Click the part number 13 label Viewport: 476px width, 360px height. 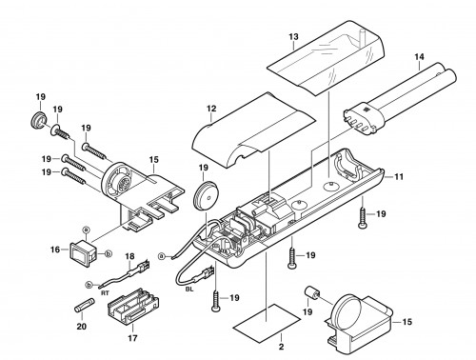click(x=293, y=37)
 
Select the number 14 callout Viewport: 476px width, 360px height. click(x=419, y=57)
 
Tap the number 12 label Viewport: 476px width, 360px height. click(x=211, y=109)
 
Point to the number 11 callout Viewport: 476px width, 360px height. click(x=399, y=176)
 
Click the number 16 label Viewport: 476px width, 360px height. click(x=55, y=250)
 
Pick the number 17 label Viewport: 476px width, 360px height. click(x=132, y=338)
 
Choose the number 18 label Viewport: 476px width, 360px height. click(x=129, y=256)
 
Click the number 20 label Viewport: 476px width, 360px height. click(x=82, y=326)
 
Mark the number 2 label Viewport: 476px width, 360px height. click(x=281, y=347)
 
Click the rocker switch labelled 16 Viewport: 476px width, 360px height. click(x=83, y=253)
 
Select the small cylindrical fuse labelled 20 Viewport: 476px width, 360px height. click(x=84, y=305)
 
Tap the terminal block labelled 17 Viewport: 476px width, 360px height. click(x=133, y=307)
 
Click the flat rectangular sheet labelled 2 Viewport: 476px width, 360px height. click(x=267, y=323)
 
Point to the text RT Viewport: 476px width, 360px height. click(x=105, y=293)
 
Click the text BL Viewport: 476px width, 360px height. click(x=189, y=290)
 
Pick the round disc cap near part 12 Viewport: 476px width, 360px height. click(x=207, y=196)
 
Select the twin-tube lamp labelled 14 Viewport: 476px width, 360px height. click(x=400, y=99)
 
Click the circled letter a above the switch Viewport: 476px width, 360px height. click(x=85, y=229)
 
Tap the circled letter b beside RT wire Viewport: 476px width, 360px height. click(x=89, y=285)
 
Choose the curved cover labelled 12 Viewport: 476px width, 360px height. click(x=254, y=130)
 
